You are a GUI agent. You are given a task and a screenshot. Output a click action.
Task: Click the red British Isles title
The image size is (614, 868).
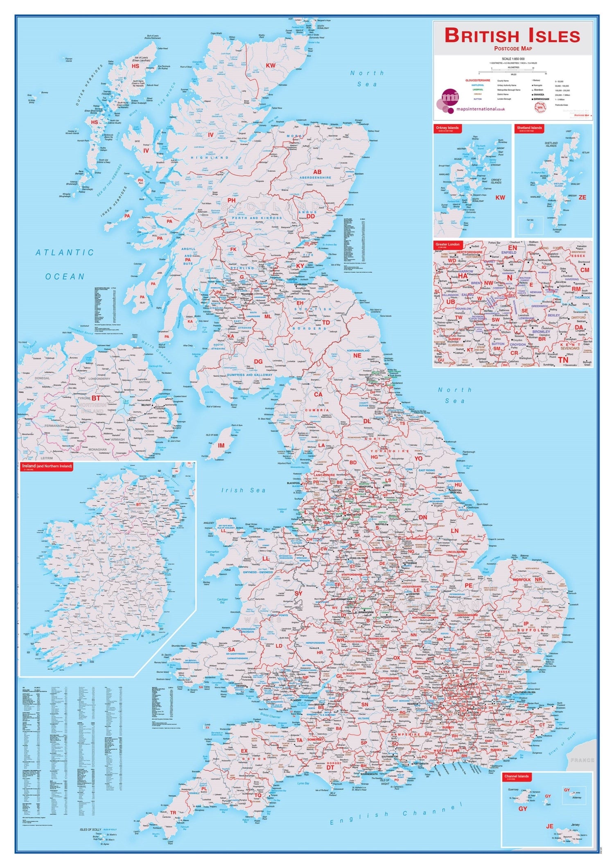pos(512,36)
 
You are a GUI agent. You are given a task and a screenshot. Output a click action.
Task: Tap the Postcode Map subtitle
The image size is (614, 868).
pos(512,50)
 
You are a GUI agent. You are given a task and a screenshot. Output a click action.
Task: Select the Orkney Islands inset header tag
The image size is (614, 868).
pos(447,128)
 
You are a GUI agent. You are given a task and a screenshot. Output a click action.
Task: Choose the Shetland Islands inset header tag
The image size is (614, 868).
pos(529,128)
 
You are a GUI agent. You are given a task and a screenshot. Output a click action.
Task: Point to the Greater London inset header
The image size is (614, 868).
pos(448,245)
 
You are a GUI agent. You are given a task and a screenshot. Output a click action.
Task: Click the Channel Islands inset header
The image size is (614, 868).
pos(517,776)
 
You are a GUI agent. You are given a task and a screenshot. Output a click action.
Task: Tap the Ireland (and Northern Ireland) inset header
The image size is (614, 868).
pos(46,466)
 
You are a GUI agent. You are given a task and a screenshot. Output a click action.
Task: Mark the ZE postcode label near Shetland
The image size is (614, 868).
pos(582,197)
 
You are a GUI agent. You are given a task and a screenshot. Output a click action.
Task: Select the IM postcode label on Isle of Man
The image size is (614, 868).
pos(221,445)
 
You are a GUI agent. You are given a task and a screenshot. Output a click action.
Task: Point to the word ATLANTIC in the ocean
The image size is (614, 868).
pos(65,253)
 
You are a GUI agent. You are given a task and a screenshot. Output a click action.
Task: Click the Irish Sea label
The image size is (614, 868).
pos(243,490)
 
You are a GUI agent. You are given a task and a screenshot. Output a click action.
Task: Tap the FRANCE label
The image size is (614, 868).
pos(582,760)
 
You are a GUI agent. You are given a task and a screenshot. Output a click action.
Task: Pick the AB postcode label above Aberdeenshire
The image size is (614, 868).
pos(317,172)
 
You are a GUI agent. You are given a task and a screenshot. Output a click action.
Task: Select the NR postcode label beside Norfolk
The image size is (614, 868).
pos(538,579)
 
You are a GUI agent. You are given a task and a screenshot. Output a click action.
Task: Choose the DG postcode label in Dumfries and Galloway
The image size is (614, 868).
pos(258,362)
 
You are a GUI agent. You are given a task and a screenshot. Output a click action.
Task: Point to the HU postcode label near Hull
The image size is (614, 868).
pos(458,485)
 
